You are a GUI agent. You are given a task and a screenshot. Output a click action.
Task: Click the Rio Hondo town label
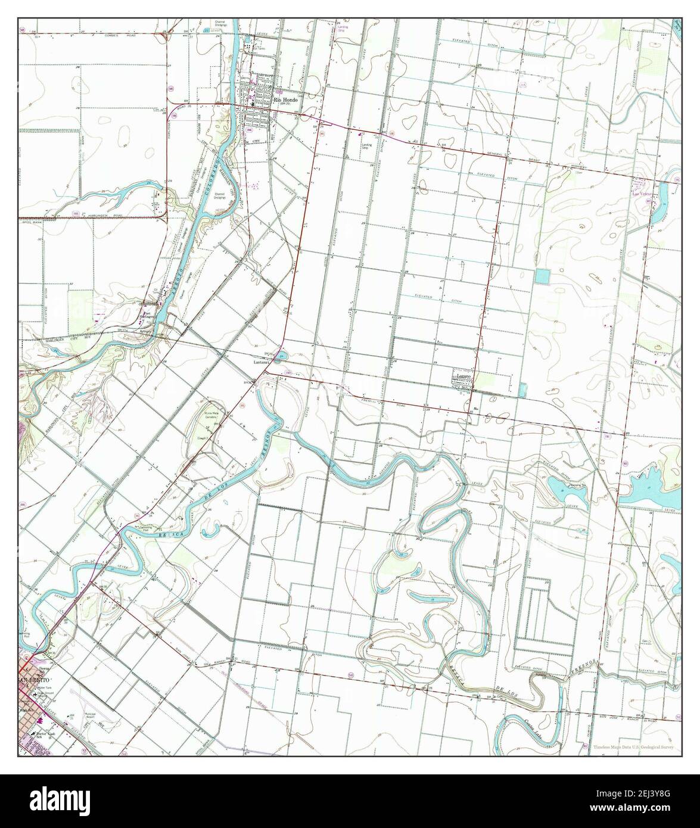tap(285, 100)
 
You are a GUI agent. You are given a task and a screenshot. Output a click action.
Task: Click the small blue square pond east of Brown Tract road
tap(542, 276)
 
